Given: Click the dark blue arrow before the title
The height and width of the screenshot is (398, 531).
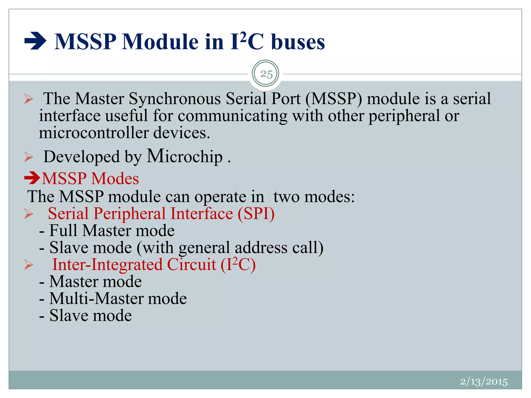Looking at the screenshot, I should (35, 41).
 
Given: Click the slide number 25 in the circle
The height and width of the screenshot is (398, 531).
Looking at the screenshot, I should (266, 74).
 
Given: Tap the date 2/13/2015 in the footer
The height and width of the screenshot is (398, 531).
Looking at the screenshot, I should (484, 382).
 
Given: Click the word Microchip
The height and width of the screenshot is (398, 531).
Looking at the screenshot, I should (185, 156).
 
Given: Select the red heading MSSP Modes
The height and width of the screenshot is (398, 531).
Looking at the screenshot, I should (90, 179).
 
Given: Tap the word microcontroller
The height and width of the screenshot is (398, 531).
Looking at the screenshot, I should (94, 133).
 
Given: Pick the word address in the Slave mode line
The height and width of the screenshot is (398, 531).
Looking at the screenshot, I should (261, 247).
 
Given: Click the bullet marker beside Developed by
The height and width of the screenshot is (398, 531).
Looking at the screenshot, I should (29, 157).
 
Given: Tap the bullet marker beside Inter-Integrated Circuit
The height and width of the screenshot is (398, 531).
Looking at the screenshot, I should (29, 265).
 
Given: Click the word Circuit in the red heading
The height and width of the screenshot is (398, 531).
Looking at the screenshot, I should (191, 265).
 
